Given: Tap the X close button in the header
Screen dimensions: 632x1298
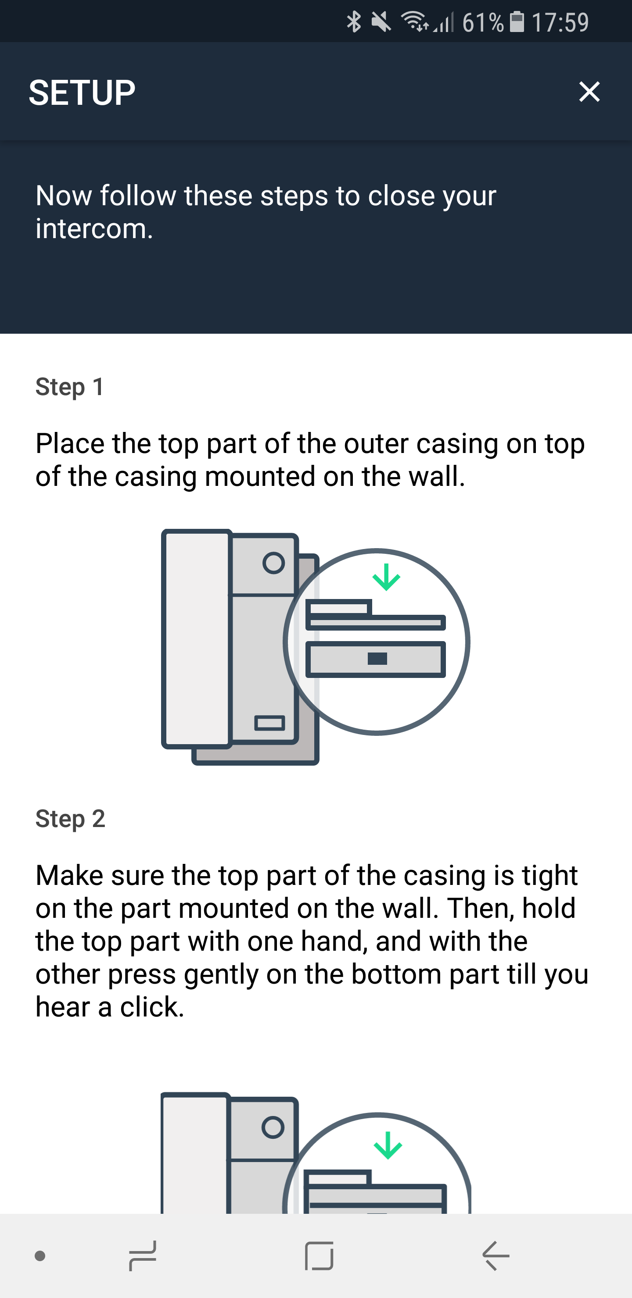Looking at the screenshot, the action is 589,92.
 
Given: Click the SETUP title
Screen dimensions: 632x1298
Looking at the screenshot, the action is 82,93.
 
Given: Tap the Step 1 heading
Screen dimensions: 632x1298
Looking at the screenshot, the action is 70,387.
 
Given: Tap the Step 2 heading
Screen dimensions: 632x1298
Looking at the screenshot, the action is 70,818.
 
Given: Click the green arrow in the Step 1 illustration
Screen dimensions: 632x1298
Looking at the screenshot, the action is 386,577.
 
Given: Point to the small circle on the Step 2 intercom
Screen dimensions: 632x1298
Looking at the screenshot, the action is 273,1127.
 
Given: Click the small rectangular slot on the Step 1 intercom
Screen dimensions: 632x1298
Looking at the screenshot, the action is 270,723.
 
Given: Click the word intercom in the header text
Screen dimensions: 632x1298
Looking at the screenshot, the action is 94,229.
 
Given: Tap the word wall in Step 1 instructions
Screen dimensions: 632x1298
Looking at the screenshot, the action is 437,476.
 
